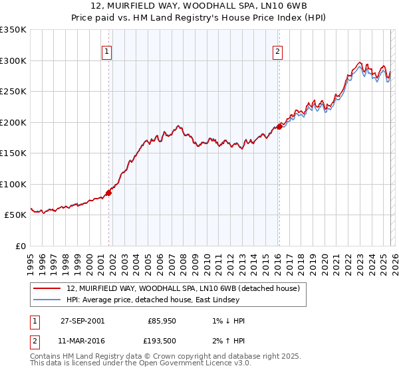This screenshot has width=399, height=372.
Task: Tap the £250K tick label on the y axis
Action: point(13,92)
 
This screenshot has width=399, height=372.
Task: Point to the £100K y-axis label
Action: point(13,184)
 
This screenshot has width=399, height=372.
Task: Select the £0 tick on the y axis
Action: point(20,246)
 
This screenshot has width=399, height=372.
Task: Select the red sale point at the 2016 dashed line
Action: point(279,127)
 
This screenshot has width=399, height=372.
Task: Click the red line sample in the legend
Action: point(47,288)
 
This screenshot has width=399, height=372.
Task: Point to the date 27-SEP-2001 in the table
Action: point(82,320)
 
